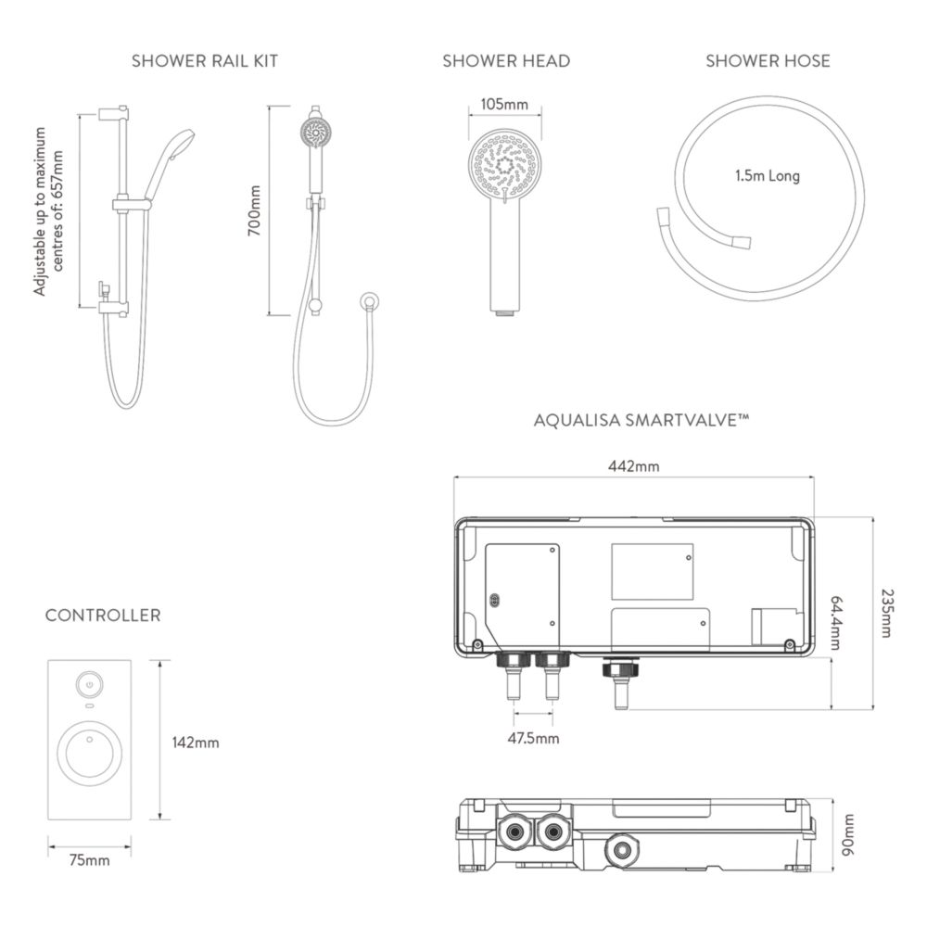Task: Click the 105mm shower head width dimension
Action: (x=503, y=105)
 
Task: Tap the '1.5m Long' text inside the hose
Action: (x=768, y=175)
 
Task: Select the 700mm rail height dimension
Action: (x=254, y=210)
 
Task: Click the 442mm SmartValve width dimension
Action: (x=634, y=466)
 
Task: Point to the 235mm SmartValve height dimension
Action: (x=886, y=613)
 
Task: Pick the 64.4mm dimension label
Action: (x=836, y=623)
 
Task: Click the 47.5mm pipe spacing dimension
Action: (x=533, y=738)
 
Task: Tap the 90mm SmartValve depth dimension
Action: (x=848, y=835)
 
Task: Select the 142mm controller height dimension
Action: (x=196, y=743)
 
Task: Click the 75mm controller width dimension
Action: (x=90, y=860)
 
